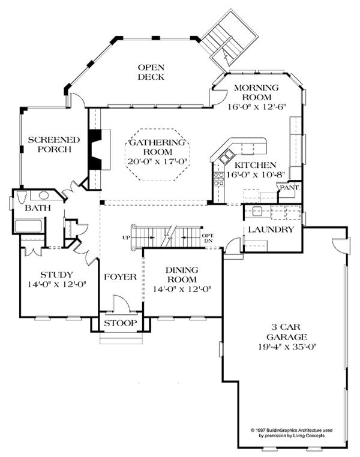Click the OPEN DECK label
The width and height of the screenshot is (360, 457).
(151, 72)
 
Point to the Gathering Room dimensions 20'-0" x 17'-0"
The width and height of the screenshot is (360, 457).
(158, 161)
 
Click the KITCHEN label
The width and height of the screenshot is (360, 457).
(255, 166)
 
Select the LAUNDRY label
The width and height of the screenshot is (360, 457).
(271, 230)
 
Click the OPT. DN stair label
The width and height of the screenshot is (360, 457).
(208, 237)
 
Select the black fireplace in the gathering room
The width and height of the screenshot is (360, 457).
(94, 151)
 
